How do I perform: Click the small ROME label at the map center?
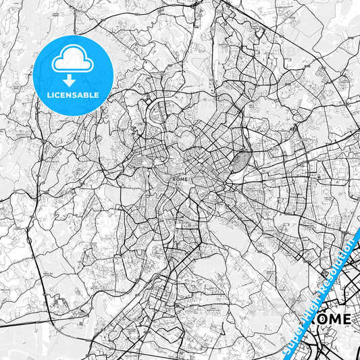[180, 180]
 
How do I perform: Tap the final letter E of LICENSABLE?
[98, 95]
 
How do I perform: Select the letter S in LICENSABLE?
[74, 95]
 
